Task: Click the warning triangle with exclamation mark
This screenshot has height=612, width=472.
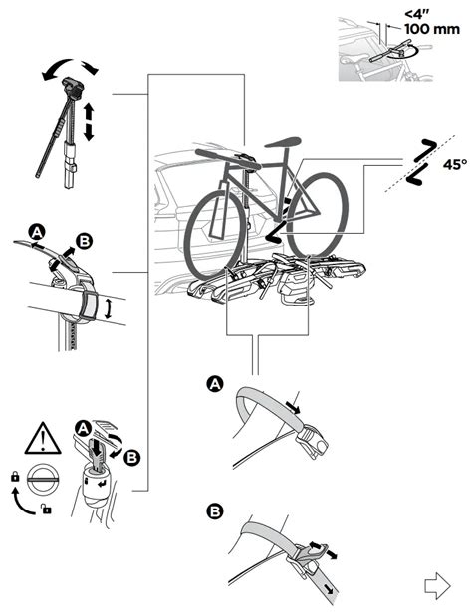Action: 43,439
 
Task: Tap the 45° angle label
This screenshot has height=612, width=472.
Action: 455,165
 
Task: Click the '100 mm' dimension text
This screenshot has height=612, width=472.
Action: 432,29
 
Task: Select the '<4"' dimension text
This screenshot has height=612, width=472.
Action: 417,15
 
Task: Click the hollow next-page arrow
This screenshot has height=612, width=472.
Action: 437,586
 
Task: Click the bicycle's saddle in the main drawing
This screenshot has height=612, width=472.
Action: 283,142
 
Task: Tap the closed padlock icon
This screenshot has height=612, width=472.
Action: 15,477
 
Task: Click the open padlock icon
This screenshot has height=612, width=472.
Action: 47,509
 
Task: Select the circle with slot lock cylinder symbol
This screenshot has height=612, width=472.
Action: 43,479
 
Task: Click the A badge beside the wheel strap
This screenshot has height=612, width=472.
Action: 215,384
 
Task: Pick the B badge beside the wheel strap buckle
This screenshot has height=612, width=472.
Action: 215,510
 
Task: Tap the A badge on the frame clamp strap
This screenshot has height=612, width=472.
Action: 37,233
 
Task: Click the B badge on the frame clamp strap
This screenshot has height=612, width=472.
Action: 84,241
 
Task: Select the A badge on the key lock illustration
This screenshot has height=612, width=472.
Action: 83,429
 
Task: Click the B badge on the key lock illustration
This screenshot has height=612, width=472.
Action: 132,457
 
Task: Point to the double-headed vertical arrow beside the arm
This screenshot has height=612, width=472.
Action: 89,121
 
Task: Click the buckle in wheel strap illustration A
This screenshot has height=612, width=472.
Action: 313,440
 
